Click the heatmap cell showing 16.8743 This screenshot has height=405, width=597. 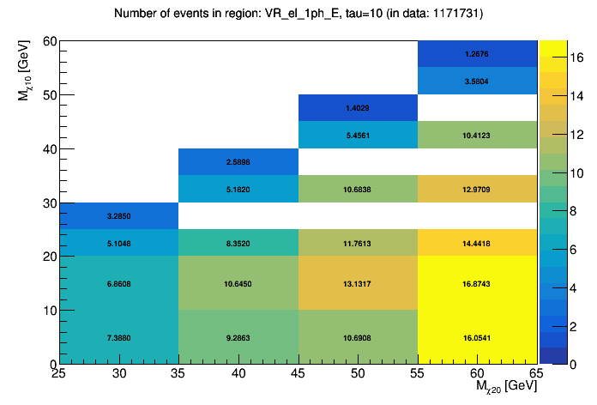pyautogui.click(x=478, y=283)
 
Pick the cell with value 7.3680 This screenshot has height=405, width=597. pyautogui.click(x=119, y=337)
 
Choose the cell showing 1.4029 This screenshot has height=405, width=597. pyautogui.click(x=358, y=108)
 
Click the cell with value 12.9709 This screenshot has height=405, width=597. pyautogui.click(x=478, y=189)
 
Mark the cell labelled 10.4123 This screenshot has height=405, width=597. pyautogui.click(x=478, y=135)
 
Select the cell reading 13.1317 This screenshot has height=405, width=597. pyautogui.click(x=358, y=283)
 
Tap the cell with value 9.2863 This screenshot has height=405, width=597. pyautogui.click(x=238, y=337)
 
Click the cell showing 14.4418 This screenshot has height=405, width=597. pyautogui.click(x=478, y=243)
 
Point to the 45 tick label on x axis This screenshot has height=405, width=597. pyautogui.click(x=298, y=374)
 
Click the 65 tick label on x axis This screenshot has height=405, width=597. pyautogui.click(x=537, y=374)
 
